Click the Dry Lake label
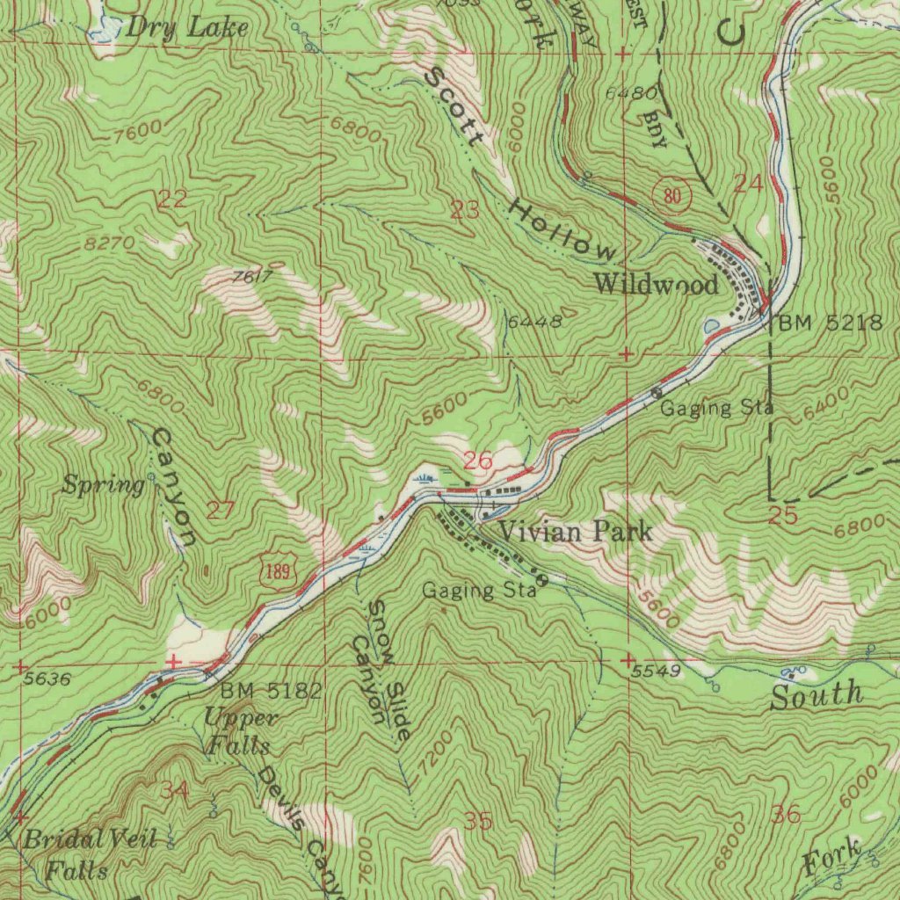tap(187, 27)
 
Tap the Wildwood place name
tap(656, 284)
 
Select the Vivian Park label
tap(576, 531)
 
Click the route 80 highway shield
tap(673, 195)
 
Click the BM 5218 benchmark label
tap(830, 323)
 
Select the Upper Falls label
tap(239, 732)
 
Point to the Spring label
tap(104, 485)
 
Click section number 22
tap(172, 200)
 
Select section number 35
tap(478, 822)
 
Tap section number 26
tap(478, 460)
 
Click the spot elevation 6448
tap(534, 322)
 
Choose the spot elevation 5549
tap(657, 671)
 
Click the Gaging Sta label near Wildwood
tap(716, 408)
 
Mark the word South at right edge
tap(817, 695)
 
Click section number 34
tap(174, 790)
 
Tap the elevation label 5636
tap(47, 679)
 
